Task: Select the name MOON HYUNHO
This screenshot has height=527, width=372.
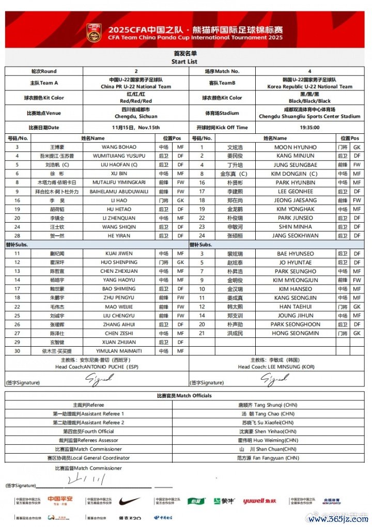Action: pyautogui.click(x=295, y=147)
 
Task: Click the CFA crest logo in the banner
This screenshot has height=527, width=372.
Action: pyautogui.click(x=94, y=32)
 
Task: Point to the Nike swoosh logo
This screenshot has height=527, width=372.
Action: pyautogui.click(x=129, y=501)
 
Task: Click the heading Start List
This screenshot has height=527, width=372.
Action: pyautogui.click(x=184, y=62)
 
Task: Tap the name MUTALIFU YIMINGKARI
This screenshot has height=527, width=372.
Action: pyautogui.click(x=119, y=182)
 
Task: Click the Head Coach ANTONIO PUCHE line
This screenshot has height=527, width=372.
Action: pyautogui.click(x=97, y=367)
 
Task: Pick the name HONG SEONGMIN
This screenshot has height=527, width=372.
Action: pyautogui.click(x=295, y=333)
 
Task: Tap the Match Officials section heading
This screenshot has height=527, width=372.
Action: pyautogui.click(x=184, y=396)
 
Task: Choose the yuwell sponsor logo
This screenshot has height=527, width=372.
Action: pyautogui.click(x=259, y=501)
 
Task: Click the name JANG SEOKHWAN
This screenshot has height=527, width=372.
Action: pyautogui.click(x=295, y=236)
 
